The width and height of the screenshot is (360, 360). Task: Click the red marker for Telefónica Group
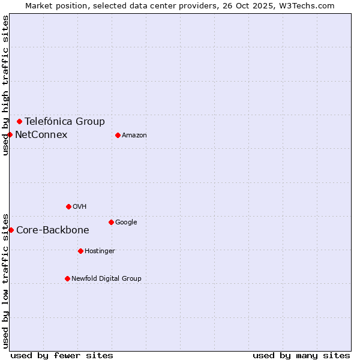19,121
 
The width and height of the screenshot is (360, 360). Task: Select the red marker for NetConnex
10,134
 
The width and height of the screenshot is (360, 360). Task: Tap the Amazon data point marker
118,135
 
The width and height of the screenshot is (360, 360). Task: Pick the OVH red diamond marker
68,206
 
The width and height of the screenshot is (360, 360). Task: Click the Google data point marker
111,222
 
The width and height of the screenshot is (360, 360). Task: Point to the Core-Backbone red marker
11,230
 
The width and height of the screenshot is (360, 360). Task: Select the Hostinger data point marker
80,251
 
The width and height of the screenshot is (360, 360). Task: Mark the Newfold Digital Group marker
67,278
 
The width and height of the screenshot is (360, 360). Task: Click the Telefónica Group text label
65,121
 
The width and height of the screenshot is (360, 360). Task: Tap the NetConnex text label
41,134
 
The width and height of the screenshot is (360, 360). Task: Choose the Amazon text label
134,135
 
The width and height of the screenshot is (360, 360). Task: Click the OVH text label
80,206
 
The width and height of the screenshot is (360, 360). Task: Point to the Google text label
126,222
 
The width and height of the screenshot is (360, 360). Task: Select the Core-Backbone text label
53,230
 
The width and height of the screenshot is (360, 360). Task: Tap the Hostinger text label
100,251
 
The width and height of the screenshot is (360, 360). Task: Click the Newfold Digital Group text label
106,278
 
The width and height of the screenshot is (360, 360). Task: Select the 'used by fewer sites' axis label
62,355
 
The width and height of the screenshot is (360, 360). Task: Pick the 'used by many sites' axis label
301,355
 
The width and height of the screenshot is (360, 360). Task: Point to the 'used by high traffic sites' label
5,85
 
